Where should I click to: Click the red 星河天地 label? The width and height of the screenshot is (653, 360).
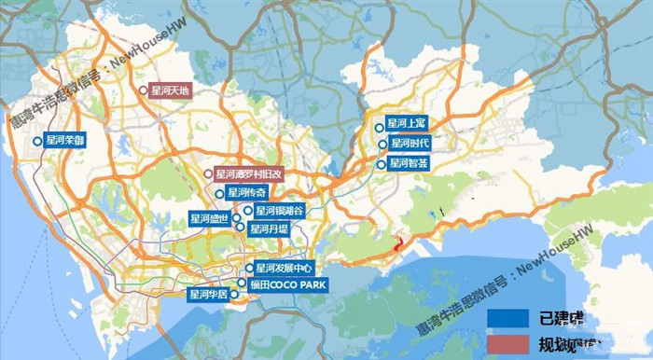[171, 90]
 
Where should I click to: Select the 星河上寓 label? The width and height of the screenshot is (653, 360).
[407, 125]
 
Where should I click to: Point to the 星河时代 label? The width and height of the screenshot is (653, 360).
[410, 144]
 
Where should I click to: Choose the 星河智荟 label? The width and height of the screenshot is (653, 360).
[410, 163]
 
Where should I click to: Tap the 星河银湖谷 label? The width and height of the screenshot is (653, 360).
[279, 211]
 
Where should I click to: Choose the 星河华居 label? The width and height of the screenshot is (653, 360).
[207, 295]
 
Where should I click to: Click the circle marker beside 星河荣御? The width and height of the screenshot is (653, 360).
[37, 141]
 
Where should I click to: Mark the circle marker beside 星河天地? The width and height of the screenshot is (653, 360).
[143, 90]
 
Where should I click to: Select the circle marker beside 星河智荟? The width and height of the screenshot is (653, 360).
[381, 163]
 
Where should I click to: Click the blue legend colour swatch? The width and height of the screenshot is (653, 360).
[508, 317]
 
